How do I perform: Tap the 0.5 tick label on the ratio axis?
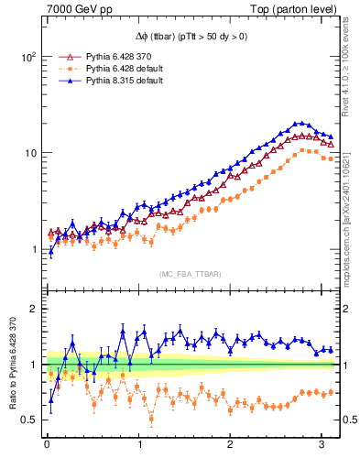pos(29,420)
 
